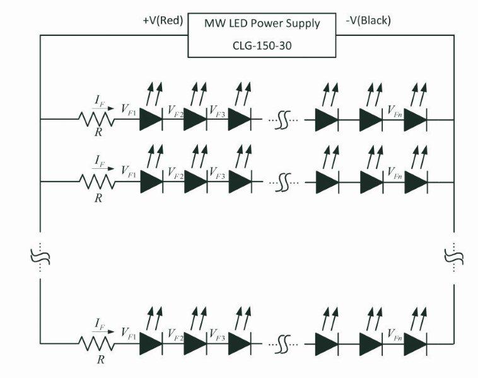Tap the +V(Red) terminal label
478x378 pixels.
(163, 21)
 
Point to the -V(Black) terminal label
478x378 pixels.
(368, 21)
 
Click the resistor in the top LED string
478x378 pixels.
(96, 118)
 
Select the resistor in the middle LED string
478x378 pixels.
(96, 181)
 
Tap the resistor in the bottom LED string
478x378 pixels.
(96, 344)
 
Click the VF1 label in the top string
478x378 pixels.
(128, 108)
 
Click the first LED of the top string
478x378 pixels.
(151, 118)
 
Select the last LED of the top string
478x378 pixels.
(416, 118)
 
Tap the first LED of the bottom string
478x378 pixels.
(151, 344)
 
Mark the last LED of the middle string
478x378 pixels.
(416, 181)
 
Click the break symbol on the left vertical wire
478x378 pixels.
(40, 256)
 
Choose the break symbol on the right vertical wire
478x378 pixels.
(454, 256)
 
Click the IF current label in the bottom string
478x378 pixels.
(98, 326)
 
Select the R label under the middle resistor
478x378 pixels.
(98, 198)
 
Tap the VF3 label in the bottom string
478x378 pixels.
(218, 334)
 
